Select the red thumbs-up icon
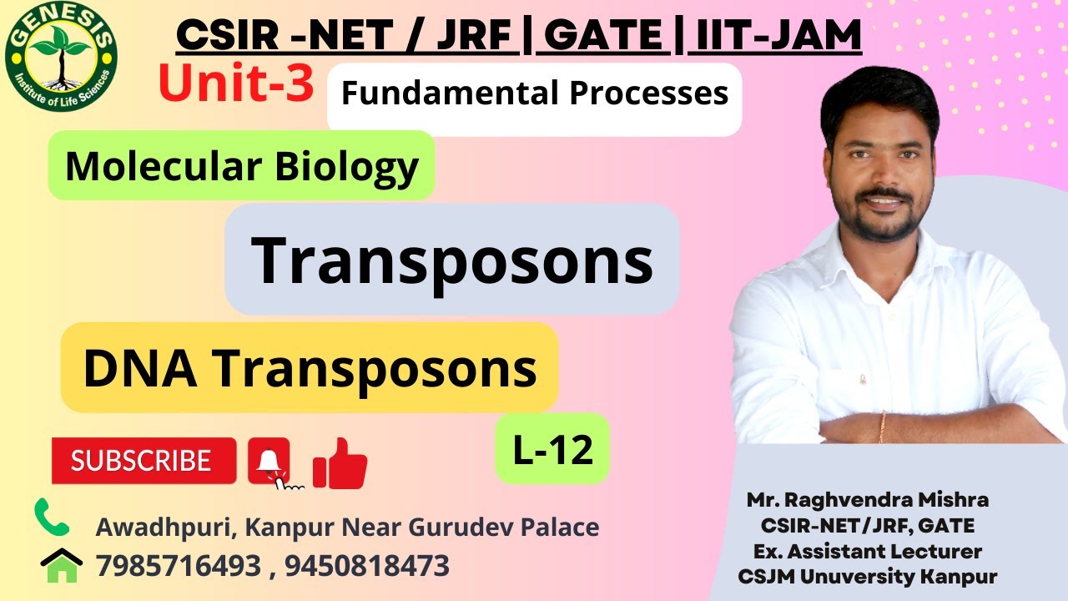[340, 464]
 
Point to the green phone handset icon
[52, 518]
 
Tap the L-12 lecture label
[552, 450]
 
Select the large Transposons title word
[451, 260]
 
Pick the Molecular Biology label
[241, 166]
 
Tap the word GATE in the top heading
[604, 36]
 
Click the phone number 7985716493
[179, 566]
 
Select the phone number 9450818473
[367, 566]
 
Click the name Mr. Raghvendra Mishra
[868, 500]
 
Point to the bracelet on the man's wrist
[882, 426]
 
